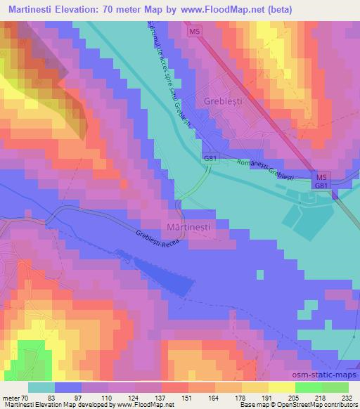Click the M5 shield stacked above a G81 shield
(321, 176)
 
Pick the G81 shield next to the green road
(210, 159)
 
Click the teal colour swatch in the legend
(41, 387)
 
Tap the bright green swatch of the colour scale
(307, 387)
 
